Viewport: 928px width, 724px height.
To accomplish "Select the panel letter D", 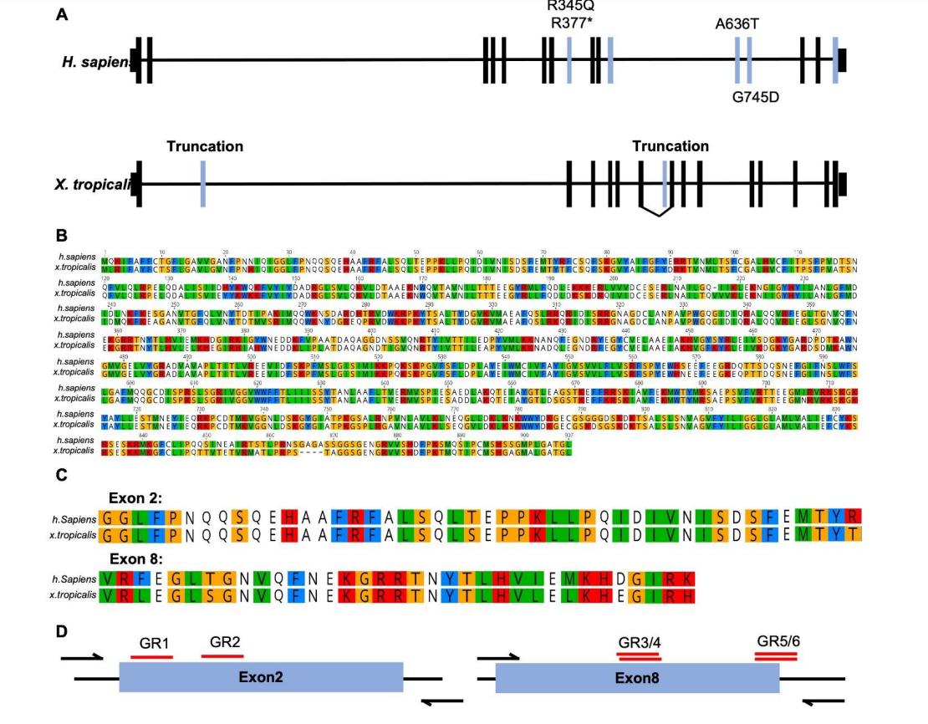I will coord(62,631).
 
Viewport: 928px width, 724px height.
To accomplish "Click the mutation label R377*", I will coord(571,23).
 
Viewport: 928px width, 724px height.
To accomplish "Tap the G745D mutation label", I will coord(755,97).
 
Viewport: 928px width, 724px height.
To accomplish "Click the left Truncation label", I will coord(205,146).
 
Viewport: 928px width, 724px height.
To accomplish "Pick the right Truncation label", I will coord(671,146).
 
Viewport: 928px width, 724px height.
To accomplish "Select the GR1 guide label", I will coord(155,644).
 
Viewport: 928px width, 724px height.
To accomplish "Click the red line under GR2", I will coord(222,656).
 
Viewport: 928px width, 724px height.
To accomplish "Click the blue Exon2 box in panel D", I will coord(262,676).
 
